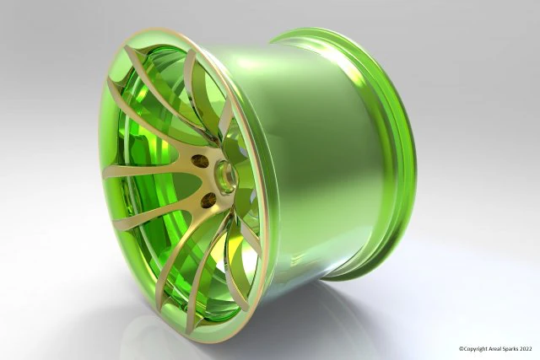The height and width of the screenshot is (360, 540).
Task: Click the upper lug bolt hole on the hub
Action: (x=201, y=160)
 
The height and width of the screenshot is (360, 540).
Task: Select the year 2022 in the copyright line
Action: (x=528, y=348)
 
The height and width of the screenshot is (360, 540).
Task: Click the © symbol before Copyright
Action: (x=461, y=348)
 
